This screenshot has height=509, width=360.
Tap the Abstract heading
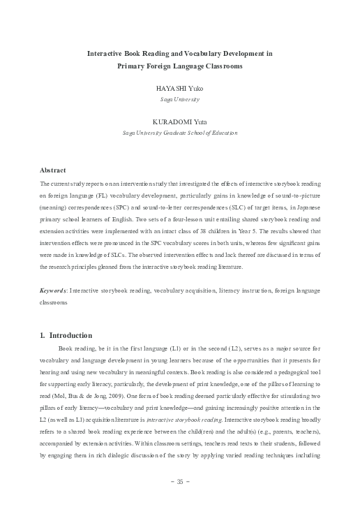pyautogui.click(x=53, y=170)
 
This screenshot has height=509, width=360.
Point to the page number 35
pyautogui.click(x=179, y=482)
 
